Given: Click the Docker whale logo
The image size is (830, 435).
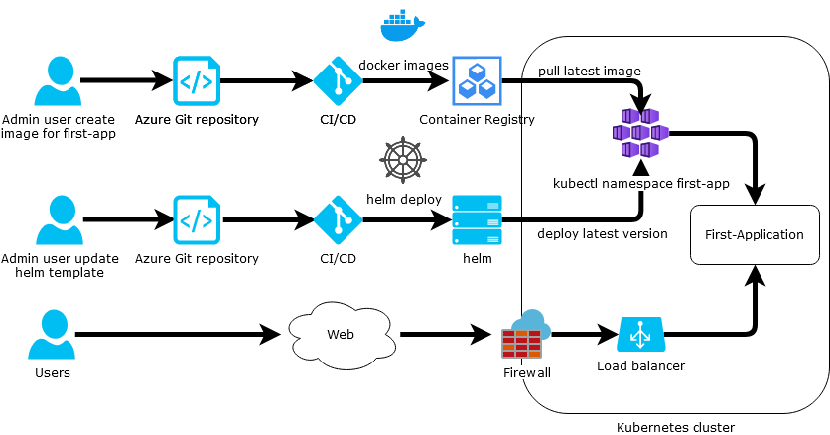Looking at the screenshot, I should pyautogui.click(x=402, y=26).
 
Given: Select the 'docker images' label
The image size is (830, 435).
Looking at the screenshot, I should pyautogui.click(x=403, y=65).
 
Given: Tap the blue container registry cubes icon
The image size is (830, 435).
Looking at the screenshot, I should pyautogui.click(x=478, y=80).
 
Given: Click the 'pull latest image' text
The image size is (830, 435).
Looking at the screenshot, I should pyautogui.click(x=589, y=72).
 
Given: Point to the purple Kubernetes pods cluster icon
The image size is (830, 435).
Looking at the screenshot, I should pyautogui.click(x=640, y=133).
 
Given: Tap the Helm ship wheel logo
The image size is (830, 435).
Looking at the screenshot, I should pyautogui.click(x=402, y=160).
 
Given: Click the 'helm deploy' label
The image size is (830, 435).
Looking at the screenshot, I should pyautogui.click(x=403, y=199).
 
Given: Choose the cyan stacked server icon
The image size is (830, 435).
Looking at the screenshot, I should pyautogui.click(x=478, y=219).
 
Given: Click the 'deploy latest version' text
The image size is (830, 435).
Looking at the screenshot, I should pyautogui.click(x=602, y=234).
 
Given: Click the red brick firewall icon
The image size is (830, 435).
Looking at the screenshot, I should pyautogui.click(x=521, y=343).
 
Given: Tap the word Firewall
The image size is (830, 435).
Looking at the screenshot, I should pyautogui.click(x=526, y=373).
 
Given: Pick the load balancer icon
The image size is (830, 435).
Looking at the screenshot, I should pyautogui.click(x=640, y=335).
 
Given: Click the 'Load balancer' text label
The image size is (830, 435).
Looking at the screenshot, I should pyautogui.click(x=640, y=365).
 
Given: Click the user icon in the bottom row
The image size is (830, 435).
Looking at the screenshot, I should pyautogui.click(x=52, y=334).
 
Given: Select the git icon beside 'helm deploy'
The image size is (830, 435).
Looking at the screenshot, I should pyautogui.click(x=339, y=219).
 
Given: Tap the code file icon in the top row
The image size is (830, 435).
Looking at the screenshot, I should pyautogui.click(x=198, y=80).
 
